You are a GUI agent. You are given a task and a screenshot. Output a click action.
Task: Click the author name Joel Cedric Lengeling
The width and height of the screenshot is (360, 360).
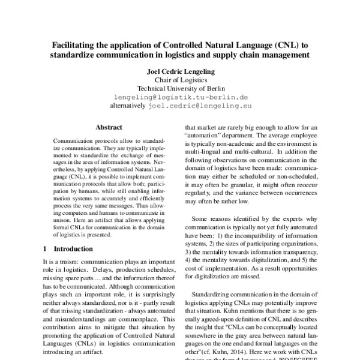(x=181, y=71)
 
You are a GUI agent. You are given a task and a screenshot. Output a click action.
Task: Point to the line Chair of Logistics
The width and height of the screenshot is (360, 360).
(x=181, y=79)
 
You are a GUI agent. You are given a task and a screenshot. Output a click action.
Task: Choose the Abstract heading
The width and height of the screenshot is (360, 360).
(x=109, y=127)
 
